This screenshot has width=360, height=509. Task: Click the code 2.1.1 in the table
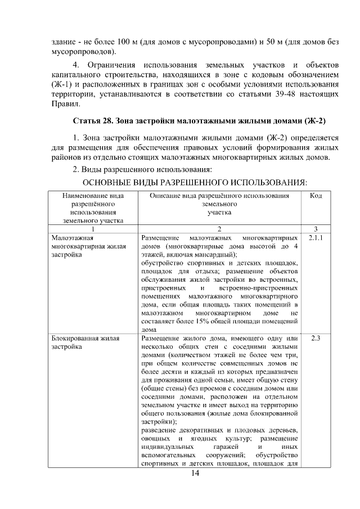[x=316, y=238]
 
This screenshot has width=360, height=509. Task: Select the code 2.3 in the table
[x=316, y=338]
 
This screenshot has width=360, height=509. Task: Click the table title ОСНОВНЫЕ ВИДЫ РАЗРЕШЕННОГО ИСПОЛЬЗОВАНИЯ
[x=195, y=183]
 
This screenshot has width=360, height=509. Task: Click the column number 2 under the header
[x=219, y=228]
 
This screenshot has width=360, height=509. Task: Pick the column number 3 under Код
[x=316, y=228]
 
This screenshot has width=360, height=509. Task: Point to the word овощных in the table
[x=155, y=439]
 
